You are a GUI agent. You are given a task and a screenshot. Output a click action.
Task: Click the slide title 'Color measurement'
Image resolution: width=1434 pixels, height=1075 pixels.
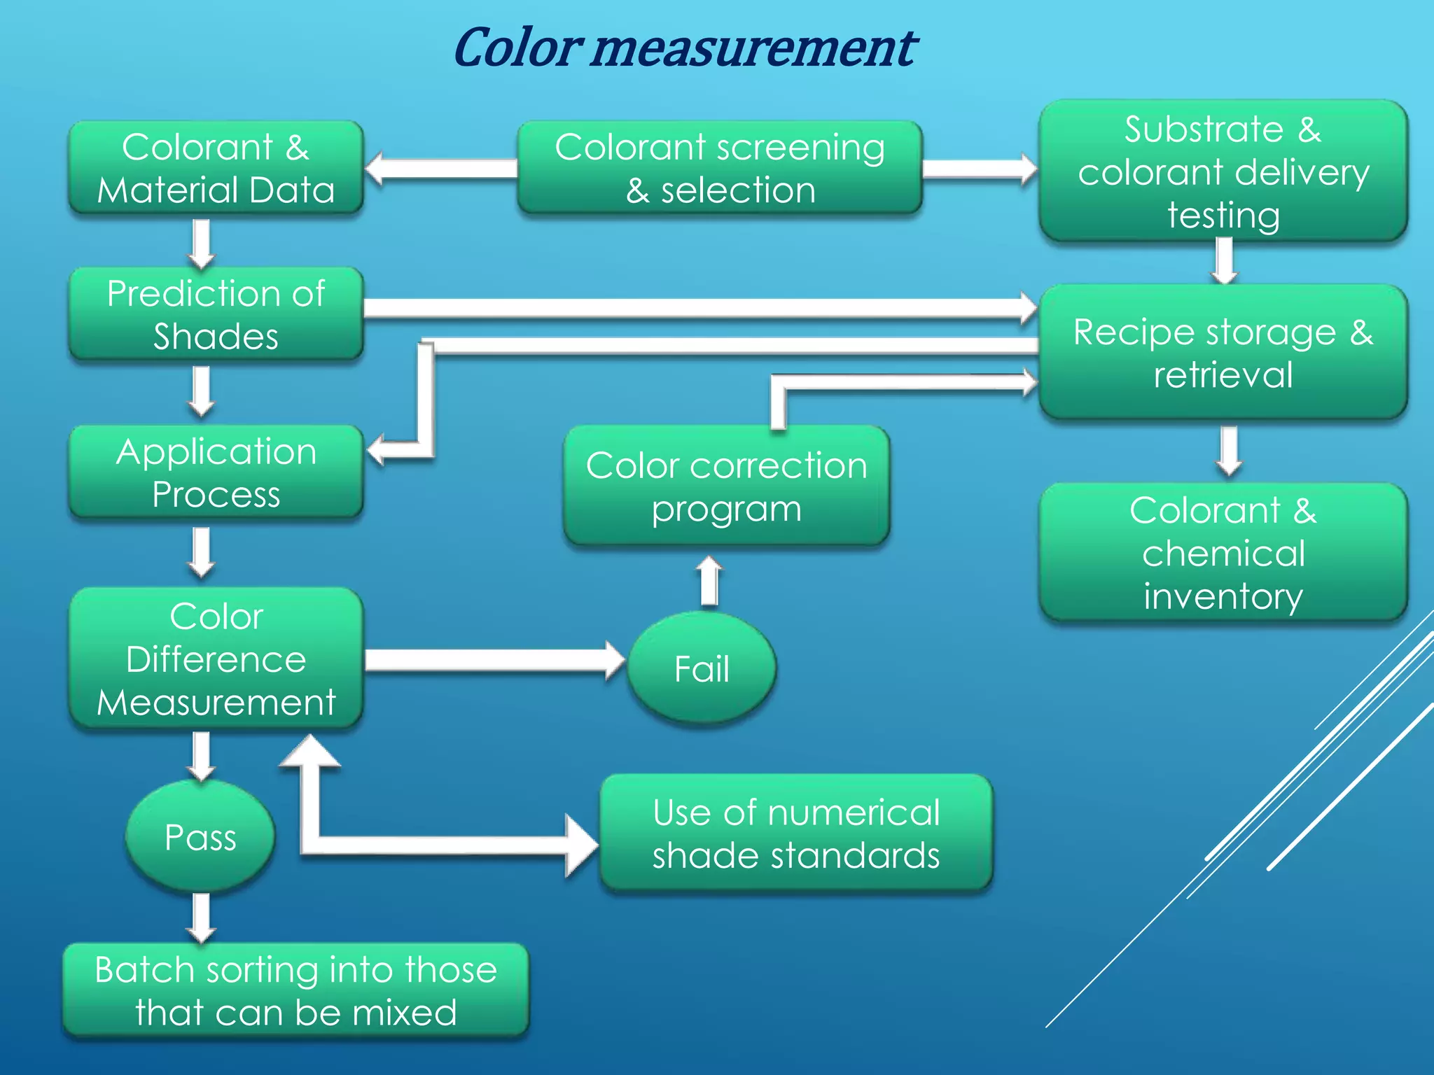pyautogui.click(x=685, y=48)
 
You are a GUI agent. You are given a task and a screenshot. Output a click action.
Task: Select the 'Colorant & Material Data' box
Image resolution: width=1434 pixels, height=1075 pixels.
pyautogui.click(x=216, y=168)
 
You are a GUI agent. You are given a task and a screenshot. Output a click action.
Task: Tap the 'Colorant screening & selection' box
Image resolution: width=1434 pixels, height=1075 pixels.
pyautogui.click(x=720, y=168)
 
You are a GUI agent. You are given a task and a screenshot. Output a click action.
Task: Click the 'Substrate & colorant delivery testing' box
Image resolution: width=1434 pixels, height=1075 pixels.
pyautogui.click(x=1223, y=171)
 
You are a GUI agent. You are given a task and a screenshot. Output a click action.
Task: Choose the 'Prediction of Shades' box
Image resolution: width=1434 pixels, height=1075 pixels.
pyautogui.click(x=216, y=314)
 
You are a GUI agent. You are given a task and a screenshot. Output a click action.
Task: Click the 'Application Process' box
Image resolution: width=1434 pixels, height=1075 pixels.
pyautogui.click(x=216, y=472)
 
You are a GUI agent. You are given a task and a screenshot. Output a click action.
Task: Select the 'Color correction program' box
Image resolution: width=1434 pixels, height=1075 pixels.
pyautogui.click(x=726, y=486)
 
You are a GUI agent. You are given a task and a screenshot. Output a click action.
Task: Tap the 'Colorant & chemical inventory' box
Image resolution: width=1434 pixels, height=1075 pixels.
pyautogui.click(x=1223, y=552)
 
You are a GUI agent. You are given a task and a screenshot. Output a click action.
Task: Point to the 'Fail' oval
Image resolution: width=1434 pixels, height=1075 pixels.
pyautogui.click(x=702, y=668)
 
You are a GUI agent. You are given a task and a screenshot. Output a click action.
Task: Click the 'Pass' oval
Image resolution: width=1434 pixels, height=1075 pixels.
pyautogui.click(x=200, y=836)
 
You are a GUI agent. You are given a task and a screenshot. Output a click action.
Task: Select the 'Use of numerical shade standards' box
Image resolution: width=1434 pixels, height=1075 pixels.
pyautogui.click(x=796, y=834)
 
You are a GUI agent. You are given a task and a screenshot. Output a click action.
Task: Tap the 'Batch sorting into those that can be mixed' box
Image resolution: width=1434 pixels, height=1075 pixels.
pyautogui.click(x=295, y=991)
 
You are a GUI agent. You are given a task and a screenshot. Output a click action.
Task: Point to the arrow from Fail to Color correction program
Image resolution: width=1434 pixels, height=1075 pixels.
pyautogui.click(x=709, y=581)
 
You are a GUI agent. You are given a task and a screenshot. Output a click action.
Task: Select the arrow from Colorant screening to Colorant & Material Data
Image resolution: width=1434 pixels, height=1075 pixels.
pyautogui.click(x=441, y=169)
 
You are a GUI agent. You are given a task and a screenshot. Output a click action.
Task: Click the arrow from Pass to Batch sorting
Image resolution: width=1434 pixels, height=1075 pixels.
pyautogui.click(x=201, y=917)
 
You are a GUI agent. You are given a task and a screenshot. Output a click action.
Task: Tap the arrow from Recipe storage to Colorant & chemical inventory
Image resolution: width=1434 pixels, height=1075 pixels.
pyautogui.click(x=1229, y=450)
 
